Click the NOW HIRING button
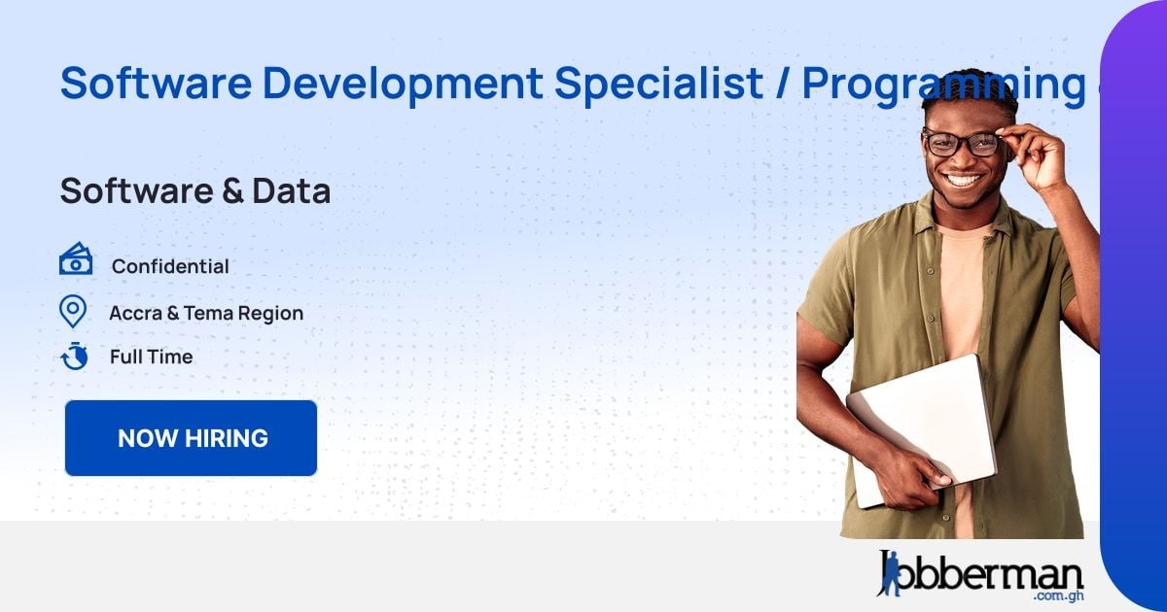192,438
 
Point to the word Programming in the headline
941,85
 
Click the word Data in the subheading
291,191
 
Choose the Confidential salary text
170,266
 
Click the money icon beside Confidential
76,260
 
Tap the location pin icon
73,312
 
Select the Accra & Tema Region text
206,313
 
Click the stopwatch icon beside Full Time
74,356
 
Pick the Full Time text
151,357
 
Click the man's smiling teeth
964,181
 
